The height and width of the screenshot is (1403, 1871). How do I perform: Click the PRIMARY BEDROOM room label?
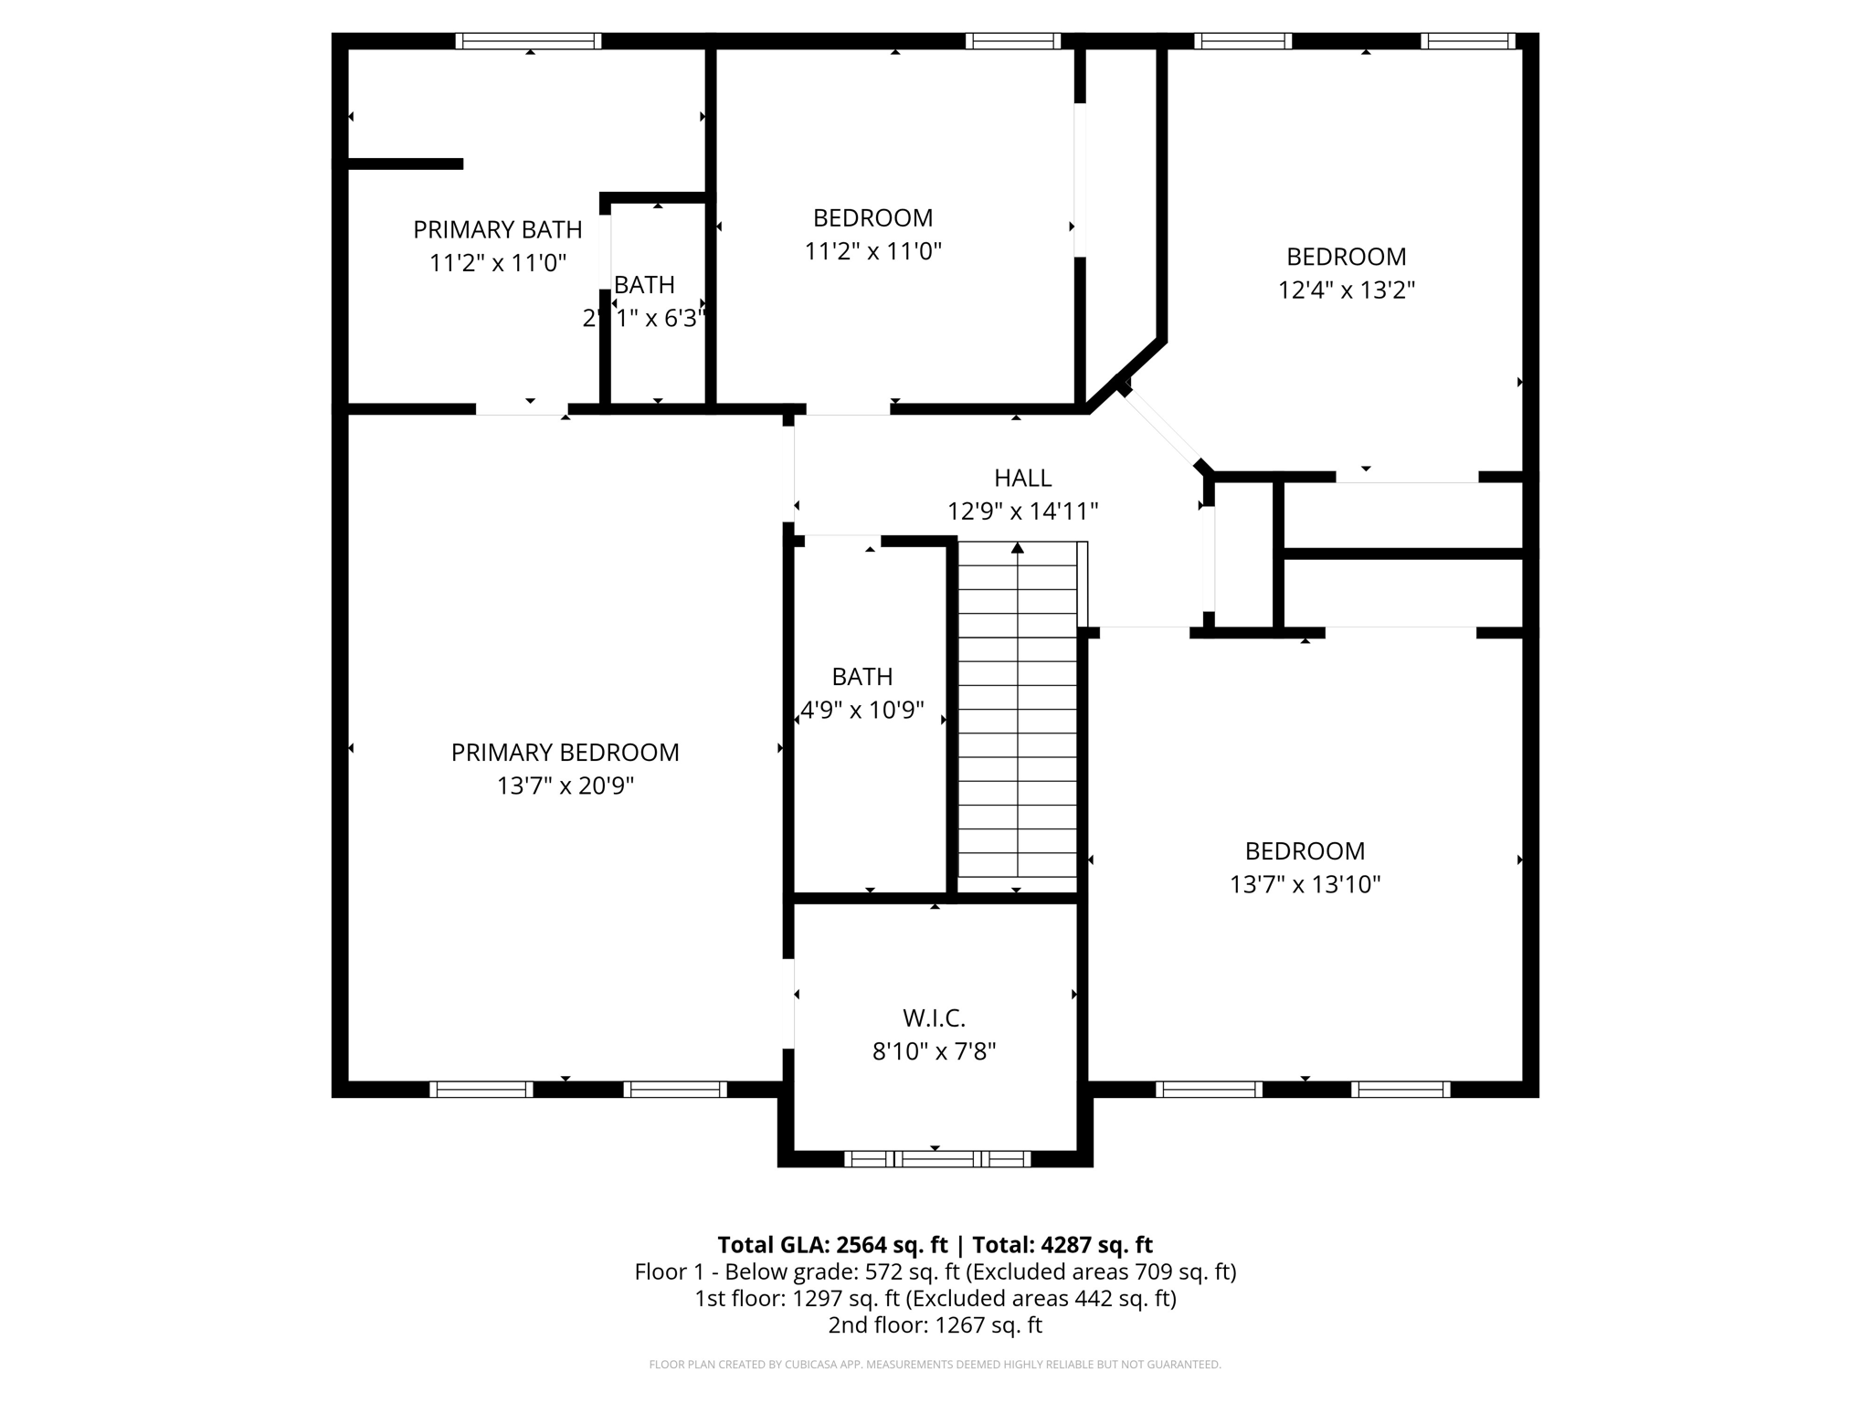[565, 753]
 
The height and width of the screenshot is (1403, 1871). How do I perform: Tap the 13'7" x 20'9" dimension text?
[565, 786]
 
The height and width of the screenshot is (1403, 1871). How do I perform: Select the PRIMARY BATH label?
[498, 229]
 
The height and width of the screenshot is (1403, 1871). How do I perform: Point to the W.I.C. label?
[934, 1018]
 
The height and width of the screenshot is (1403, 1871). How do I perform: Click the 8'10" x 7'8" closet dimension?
[934, 1051]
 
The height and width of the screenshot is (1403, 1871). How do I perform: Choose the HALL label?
[1022, 478]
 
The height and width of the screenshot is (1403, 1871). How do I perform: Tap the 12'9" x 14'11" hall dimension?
[1022, 512]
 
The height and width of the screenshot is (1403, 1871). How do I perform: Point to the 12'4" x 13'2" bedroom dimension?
[1347, 290]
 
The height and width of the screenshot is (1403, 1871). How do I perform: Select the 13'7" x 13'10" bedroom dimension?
[1305, 884]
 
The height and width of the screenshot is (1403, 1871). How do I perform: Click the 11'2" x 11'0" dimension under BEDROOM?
[872, 251]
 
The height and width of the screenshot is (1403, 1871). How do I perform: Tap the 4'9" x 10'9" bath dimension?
[862, 710]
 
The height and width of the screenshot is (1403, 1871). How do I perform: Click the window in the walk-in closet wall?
[936, 1159]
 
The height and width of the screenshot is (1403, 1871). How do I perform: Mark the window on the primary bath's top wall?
[528, 41]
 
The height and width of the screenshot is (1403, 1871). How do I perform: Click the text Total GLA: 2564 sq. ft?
[832, 1245]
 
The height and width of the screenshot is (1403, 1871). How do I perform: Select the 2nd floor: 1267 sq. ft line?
[935, 1325]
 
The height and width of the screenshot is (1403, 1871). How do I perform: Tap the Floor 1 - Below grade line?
[935, 1271]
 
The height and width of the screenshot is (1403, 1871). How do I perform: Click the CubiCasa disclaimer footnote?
[935, 1365]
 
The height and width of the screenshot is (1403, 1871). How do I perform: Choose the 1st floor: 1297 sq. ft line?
[935, 1298]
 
